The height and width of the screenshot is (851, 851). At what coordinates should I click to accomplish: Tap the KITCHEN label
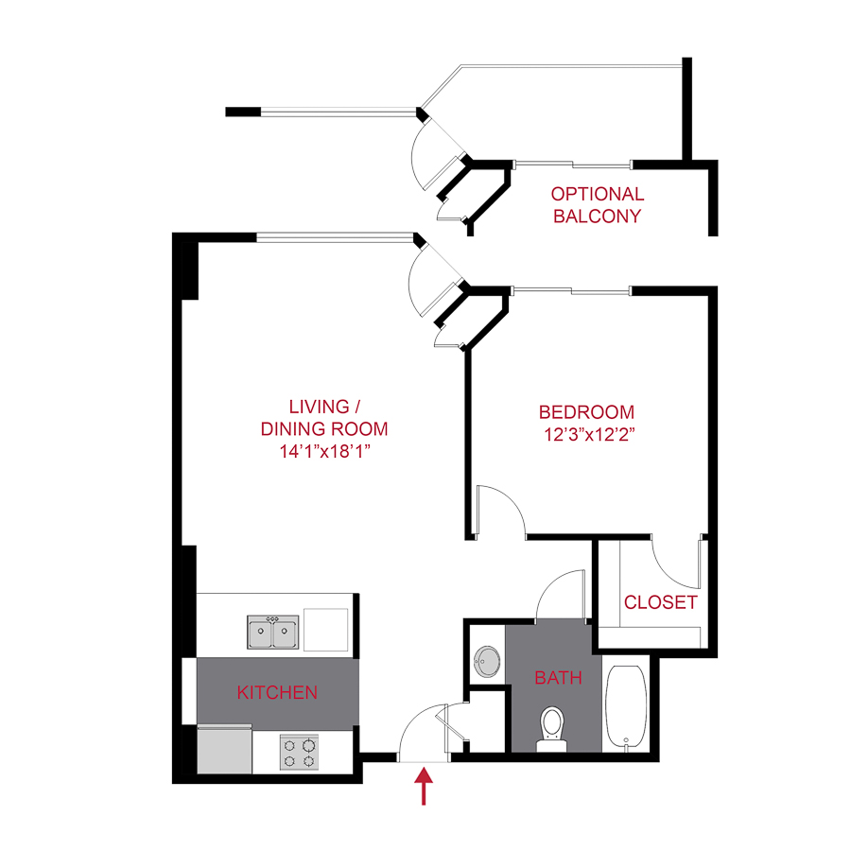pyautogui.click(x=277, y=693)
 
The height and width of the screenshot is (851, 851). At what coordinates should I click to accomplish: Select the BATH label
pyautogui.click(x=558, y=678)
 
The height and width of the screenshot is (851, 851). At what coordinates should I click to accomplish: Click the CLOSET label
pyautogui.click(x=661, y=602)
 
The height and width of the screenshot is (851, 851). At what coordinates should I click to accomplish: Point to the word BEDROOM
pyautogui.click(x=586, y=412)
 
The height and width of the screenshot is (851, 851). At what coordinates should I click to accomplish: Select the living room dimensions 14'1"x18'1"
pyautogui.click(x=324, y=451)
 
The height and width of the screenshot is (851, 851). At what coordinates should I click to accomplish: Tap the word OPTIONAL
pyautogui.click(x=598, y=194)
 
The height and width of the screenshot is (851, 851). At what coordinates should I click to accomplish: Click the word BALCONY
pyautogui.click(x=598, y=216)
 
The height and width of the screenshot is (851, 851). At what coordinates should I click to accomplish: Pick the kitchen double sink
pyautogui.click(x=273, y=631)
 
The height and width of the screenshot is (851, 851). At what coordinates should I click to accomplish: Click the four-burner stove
pyautogui.click(x=299, y=753)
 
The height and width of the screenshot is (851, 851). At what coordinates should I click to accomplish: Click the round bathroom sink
pyautogui.click(x=487, y=661)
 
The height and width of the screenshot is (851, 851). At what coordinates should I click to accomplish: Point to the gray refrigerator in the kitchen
pyautogui.click(x=225, y=750)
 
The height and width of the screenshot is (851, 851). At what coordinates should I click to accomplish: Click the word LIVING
pyautogui.click(x=319, y=408)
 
